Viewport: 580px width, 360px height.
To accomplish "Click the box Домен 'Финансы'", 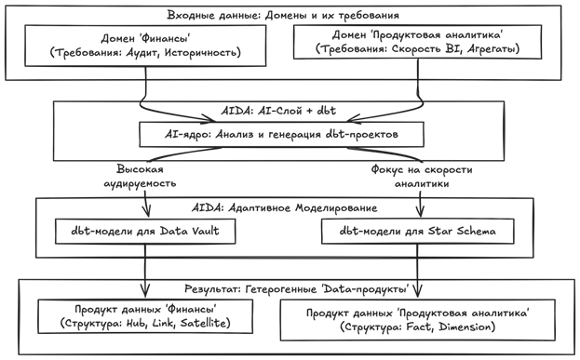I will pos(144,47).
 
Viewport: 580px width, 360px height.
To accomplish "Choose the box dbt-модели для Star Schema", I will pos(414,229).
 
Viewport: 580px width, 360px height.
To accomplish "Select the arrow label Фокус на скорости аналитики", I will pos(422,178).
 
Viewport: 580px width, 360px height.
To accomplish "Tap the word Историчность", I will pos(205,54).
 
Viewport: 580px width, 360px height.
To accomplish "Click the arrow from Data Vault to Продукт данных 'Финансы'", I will pos(143,270).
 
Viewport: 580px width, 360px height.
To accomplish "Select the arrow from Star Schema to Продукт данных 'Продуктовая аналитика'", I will pos(415,270).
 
